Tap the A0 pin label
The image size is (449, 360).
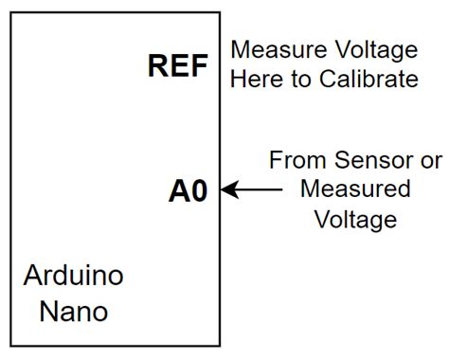pyautogui.click(x=188, y=190)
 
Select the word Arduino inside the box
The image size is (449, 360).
pyautogui.click(x=73, y=278)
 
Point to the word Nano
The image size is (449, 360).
pyautogui.click(x=73, y=310)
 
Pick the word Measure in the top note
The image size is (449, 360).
pyautogui.click(x=273, y=49)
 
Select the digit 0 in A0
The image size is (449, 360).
pyautogui.click(x=197, y=190)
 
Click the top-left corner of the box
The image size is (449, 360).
pyautogui.click(x=11, y=13)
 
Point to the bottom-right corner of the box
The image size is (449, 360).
pyautogui.click(x=220, y=344)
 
